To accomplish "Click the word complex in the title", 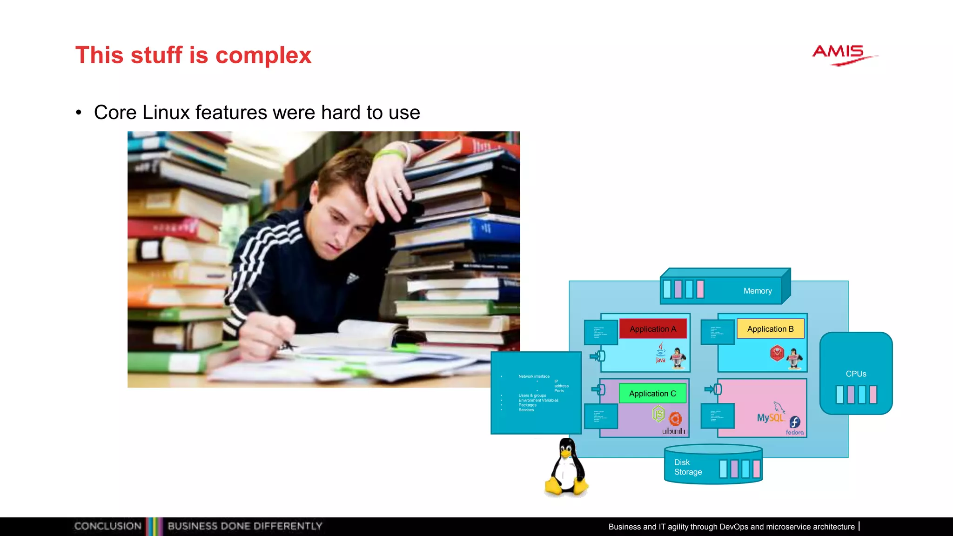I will point(263,55).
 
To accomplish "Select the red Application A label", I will point(652,329).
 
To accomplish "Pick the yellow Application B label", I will point(770,329).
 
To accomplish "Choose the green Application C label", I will point(652,394).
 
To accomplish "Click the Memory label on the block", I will point(757,291).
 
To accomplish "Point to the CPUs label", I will point(856,374).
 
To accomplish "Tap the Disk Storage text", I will point(688,467).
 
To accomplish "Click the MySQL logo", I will point(770,416).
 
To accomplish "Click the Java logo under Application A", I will point(661,353).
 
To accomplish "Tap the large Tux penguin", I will point(566,467).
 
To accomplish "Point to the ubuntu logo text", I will point(674,431).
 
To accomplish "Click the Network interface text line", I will point(534,376).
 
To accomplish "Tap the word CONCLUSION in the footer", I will point(108,526).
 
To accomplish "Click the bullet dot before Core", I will point(79,113).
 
